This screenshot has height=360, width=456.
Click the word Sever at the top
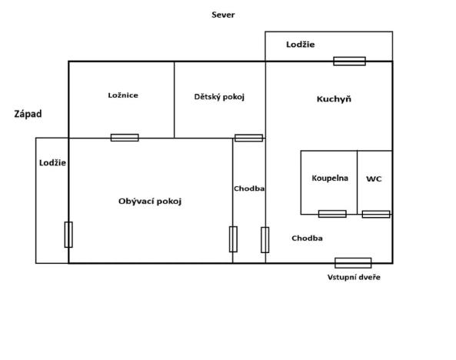(x=223, y=15)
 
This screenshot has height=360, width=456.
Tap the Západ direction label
(x=28, y=114)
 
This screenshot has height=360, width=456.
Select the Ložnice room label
(x=123, y=95)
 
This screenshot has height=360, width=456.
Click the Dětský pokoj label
(x=219, y=96)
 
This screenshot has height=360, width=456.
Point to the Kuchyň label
(x=334, y=99)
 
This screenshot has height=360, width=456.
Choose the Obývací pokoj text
(x=150, y=201)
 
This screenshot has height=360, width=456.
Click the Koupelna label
(x=330, y=178)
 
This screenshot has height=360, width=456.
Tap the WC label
(x=374, y=178)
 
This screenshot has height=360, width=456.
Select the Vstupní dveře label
(x=354, y=277)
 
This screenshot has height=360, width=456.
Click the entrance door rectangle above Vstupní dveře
(x=353, y=263)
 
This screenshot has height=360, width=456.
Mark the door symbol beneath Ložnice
(x=125, y=138)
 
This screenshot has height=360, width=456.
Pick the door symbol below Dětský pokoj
(x=248, y=138)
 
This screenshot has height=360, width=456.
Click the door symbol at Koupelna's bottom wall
(x=332, y=214)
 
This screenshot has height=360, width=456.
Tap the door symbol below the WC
(x=376, y=214)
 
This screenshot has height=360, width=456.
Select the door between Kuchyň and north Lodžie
(x=349, y=61)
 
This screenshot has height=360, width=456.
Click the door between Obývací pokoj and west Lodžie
(x=68, y=234)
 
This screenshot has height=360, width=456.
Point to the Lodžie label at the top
(x=300, y=45)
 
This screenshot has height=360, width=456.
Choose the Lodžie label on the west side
(x=52, y=163)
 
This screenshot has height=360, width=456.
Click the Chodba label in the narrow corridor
(x=249, y=188)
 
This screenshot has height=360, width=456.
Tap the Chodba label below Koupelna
(x=307, y=238)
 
